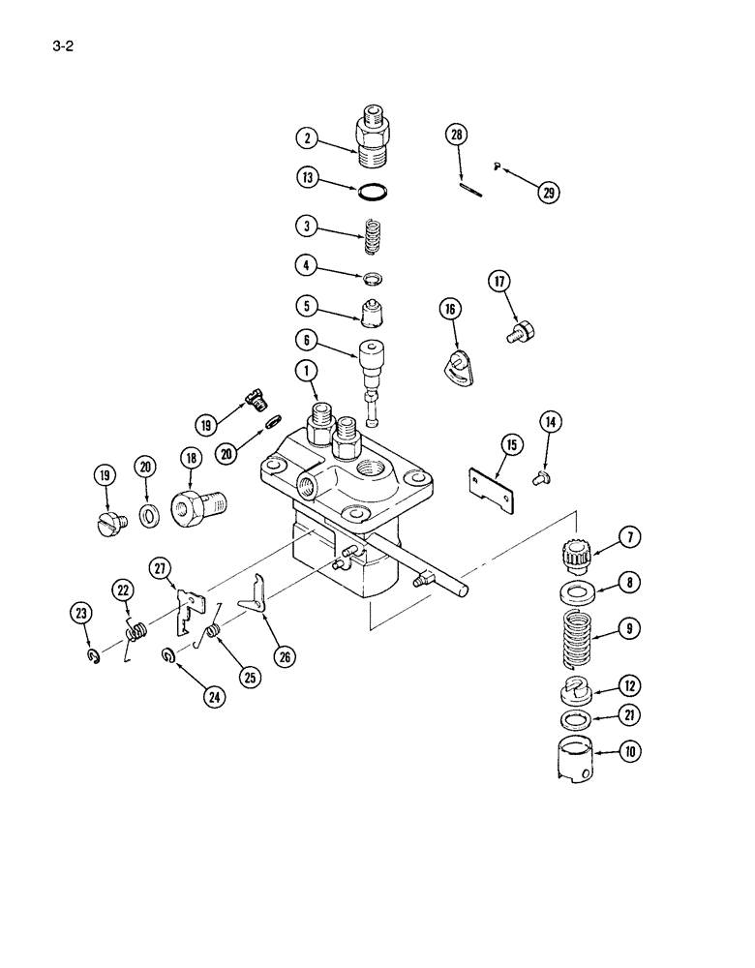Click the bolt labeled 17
(523, 333)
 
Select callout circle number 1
(307, 370)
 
